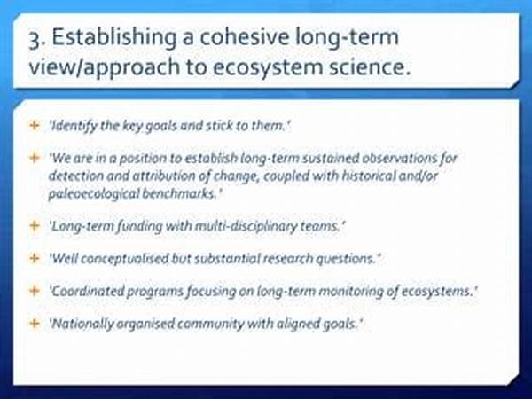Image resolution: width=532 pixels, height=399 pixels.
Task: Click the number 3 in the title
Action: click(x=35, y=40)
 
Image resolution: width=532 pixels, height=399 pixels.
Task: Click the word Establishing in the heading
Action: click(x=113, y=38)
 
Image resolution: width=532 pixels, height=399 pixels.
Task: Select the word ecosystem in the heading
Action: click(x=268, y=67)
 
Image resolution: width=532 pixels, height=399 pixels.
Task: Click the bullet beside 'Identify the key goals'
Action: click(x=35, y=126)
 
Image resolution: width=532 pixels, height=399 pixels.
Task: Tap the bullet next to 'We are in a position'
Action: click(x=35, y=158)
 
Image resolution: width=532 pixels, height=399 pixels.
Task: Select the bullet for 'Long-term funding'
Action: click(x=35, y=225)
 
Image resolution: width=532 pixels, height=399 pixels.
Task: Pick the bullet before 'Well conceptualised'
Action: click(x=35, y=258)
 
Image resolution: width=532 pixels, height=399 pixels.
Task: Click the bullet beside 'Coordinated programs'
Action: click(x=35, y=291)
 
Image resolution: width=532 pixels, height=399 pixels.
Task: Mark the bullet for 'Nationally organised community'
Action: click(x=35, y=323)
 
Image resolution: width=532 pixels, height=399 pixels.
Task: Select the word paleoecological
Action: click(x=93, y=193)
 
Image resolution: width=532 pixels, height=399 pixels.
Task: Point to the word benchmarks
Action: click(x=179, y=193)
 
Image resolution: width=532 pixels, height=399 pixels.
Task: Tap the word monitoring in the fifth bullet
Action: click(x=351, y=292)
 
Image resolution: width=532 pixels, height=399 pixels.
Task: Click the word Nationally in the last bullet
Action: click(x=82, y=324)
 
